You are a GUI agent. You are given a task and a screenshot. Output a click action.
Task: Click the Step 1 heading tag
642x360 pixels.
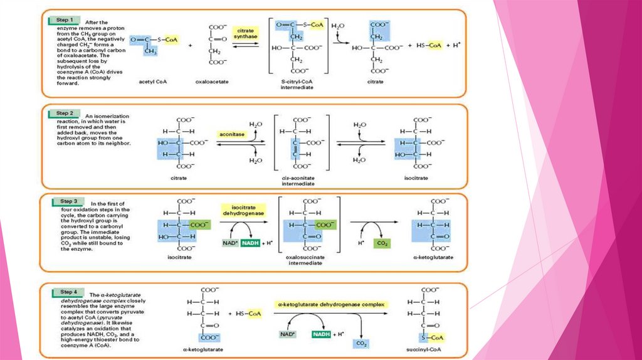pyautogui.click(x=63, y=21)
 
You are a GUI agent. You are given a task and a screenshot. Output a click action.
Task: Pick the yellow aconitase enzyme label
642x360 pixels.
pyautogui.click(x=232, y=134)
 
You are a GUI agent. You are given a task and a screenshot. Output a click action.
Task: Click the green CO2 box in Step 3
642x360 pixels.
pyautogui.click(x=381, y=243)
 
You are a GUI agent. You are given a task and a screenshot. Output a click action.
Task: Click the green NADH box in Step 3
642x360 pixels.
pyautogui.click(x=251, y=243)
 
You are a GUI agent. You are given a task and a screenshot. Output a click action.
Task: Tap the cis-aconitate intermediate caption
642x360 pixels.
pyautogui.click(x=298, y=181)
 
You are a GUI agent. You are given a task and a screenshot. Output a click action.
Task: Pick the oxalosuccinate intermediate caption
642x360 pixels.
pyautogui.click(x=305, y=260)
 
